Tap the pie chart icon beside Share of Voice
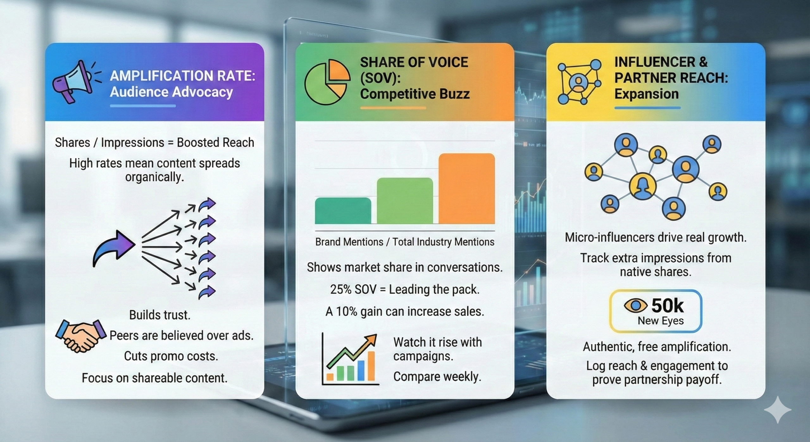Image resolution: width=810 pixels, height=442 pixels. coord(327,82)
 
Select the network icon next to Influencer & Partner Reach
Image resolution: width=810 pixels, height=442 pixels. coord(579,81)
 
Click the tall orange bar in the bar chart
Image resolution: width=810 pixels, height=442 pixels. coord(467,189)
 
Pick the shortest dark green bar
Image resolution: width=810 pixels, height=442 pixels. coord(343,211)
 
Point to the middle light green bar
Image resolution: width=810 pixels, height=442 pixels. coord(405,201)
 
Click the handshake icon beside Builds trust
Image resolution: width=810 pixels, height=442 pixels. coord(81,336)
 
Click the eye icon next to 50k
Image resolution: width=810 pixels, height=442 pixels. coord(635,306)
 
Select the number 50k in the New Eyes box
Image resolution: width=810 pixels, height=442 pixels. coord(668,306)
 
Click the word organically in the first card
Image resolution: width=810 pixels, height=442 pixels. coord(154,177)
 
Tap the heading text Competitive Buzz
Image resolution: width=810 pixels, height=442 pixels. coord(415,94)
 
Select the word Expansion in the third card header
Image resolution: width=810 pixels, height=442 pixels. coord(646,94)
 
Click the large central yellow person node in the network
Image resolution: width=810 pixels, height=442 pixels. coord(642,186)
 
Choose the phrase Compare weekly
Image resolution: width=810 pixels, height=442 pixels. coord(437,377)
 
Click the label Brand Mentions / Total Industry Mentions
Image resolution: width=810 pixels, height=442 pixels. coord(405,242)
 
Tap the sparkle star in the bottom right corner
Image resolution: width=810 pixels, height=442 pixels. coord(777,409)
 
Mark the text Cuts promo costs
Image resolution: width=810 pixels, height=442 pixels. coord(171,356)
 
